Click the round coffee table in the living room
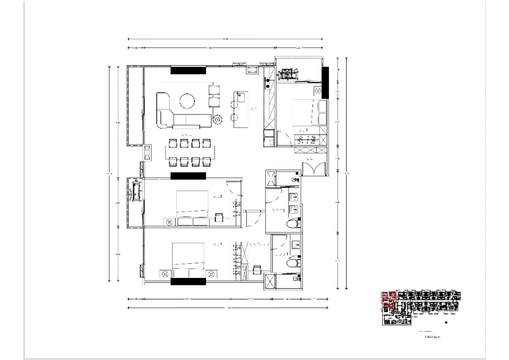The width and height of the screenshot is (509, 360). [x=187, y=100]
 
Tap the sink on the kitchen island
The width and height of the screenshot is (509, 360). [x=240, y=96]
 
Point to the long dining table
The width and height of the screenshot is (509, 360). [x=189, y=152]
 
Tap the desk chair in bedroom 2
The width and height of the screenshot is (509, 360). [x=218, y=217]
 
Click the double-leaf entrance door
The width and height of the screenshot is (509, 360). [x=314, y=169]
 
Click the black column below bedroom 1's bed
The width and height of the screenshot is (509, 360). [x=188, y=281]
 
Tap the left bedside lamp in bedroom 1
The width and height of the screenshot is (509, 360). [x=164, y=274]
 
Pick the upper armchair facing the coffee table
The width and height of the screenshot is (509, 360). [x=215, y=90]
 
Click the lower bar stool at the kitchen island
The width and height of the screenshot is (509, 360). [x=234, y=118]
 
